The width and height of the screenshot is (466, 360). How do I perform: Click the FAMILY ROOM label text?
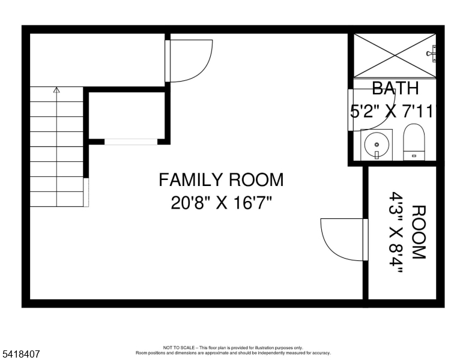click(220, 179)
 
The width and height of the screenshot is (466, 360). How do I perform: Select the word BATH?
click(395, 89)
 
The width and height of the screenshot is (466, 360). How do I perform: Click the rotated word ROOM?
click(418, 232)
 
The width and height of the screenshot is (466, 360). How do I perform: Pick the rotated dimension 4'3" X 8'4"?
click(397, 232)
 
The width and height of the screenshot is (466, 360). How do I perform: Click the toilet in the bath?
click(413, 142)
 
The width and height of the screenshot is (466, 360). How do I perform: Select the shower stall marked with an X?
click(394, 55)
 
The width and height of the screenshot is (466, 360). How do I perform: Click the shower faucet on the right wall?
click(432, 53)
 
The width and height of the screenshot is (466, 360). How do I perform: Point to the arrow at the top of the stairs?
click(56, 91)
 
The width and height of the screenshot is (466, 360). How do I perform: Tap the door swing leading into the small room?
click(342, 239)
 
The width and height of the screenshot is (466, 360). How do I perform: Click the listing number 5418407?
click(20, 355)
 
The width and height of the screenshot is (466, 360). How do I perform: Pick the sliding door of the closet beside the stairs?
click(131, 142)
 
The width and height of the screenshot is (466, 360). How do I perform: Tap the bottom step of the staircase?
click(56, 199)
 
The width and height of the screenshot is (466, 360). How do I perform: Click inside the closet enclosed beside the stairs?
click(126, 115)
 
